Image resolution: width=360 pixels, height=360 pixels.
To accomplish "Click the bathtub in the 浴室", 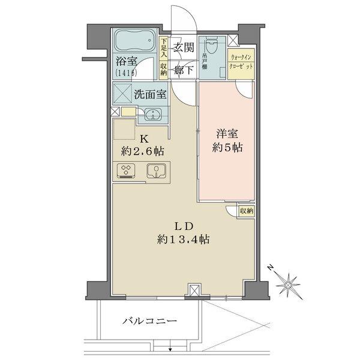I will tap(135, 43).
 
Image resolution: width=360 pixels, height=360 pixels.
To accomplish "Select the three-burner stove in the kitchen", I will tap(127, 171).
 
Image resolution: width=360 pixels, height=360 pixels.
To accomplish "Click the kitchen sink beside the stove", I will tap(155, 172).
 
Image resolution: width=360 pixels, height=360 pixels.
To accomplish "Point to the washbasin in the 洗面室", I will tap(151, 114).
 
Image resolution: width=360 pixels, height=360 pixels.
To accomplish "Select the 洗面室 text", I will tap(148, 95).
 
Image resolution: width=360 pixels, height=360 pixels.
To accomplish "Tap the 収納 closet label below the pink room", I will tap(246, 211).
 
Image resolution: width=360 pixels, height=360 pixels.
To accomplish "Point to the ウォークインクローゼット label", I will tap(242, 62).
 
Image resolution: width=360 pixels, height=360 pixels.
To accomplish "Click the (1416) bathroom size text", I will tap(126, 73).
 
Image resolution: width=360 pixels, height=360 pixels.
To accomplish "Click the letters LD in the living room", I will tap(183, 226).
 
